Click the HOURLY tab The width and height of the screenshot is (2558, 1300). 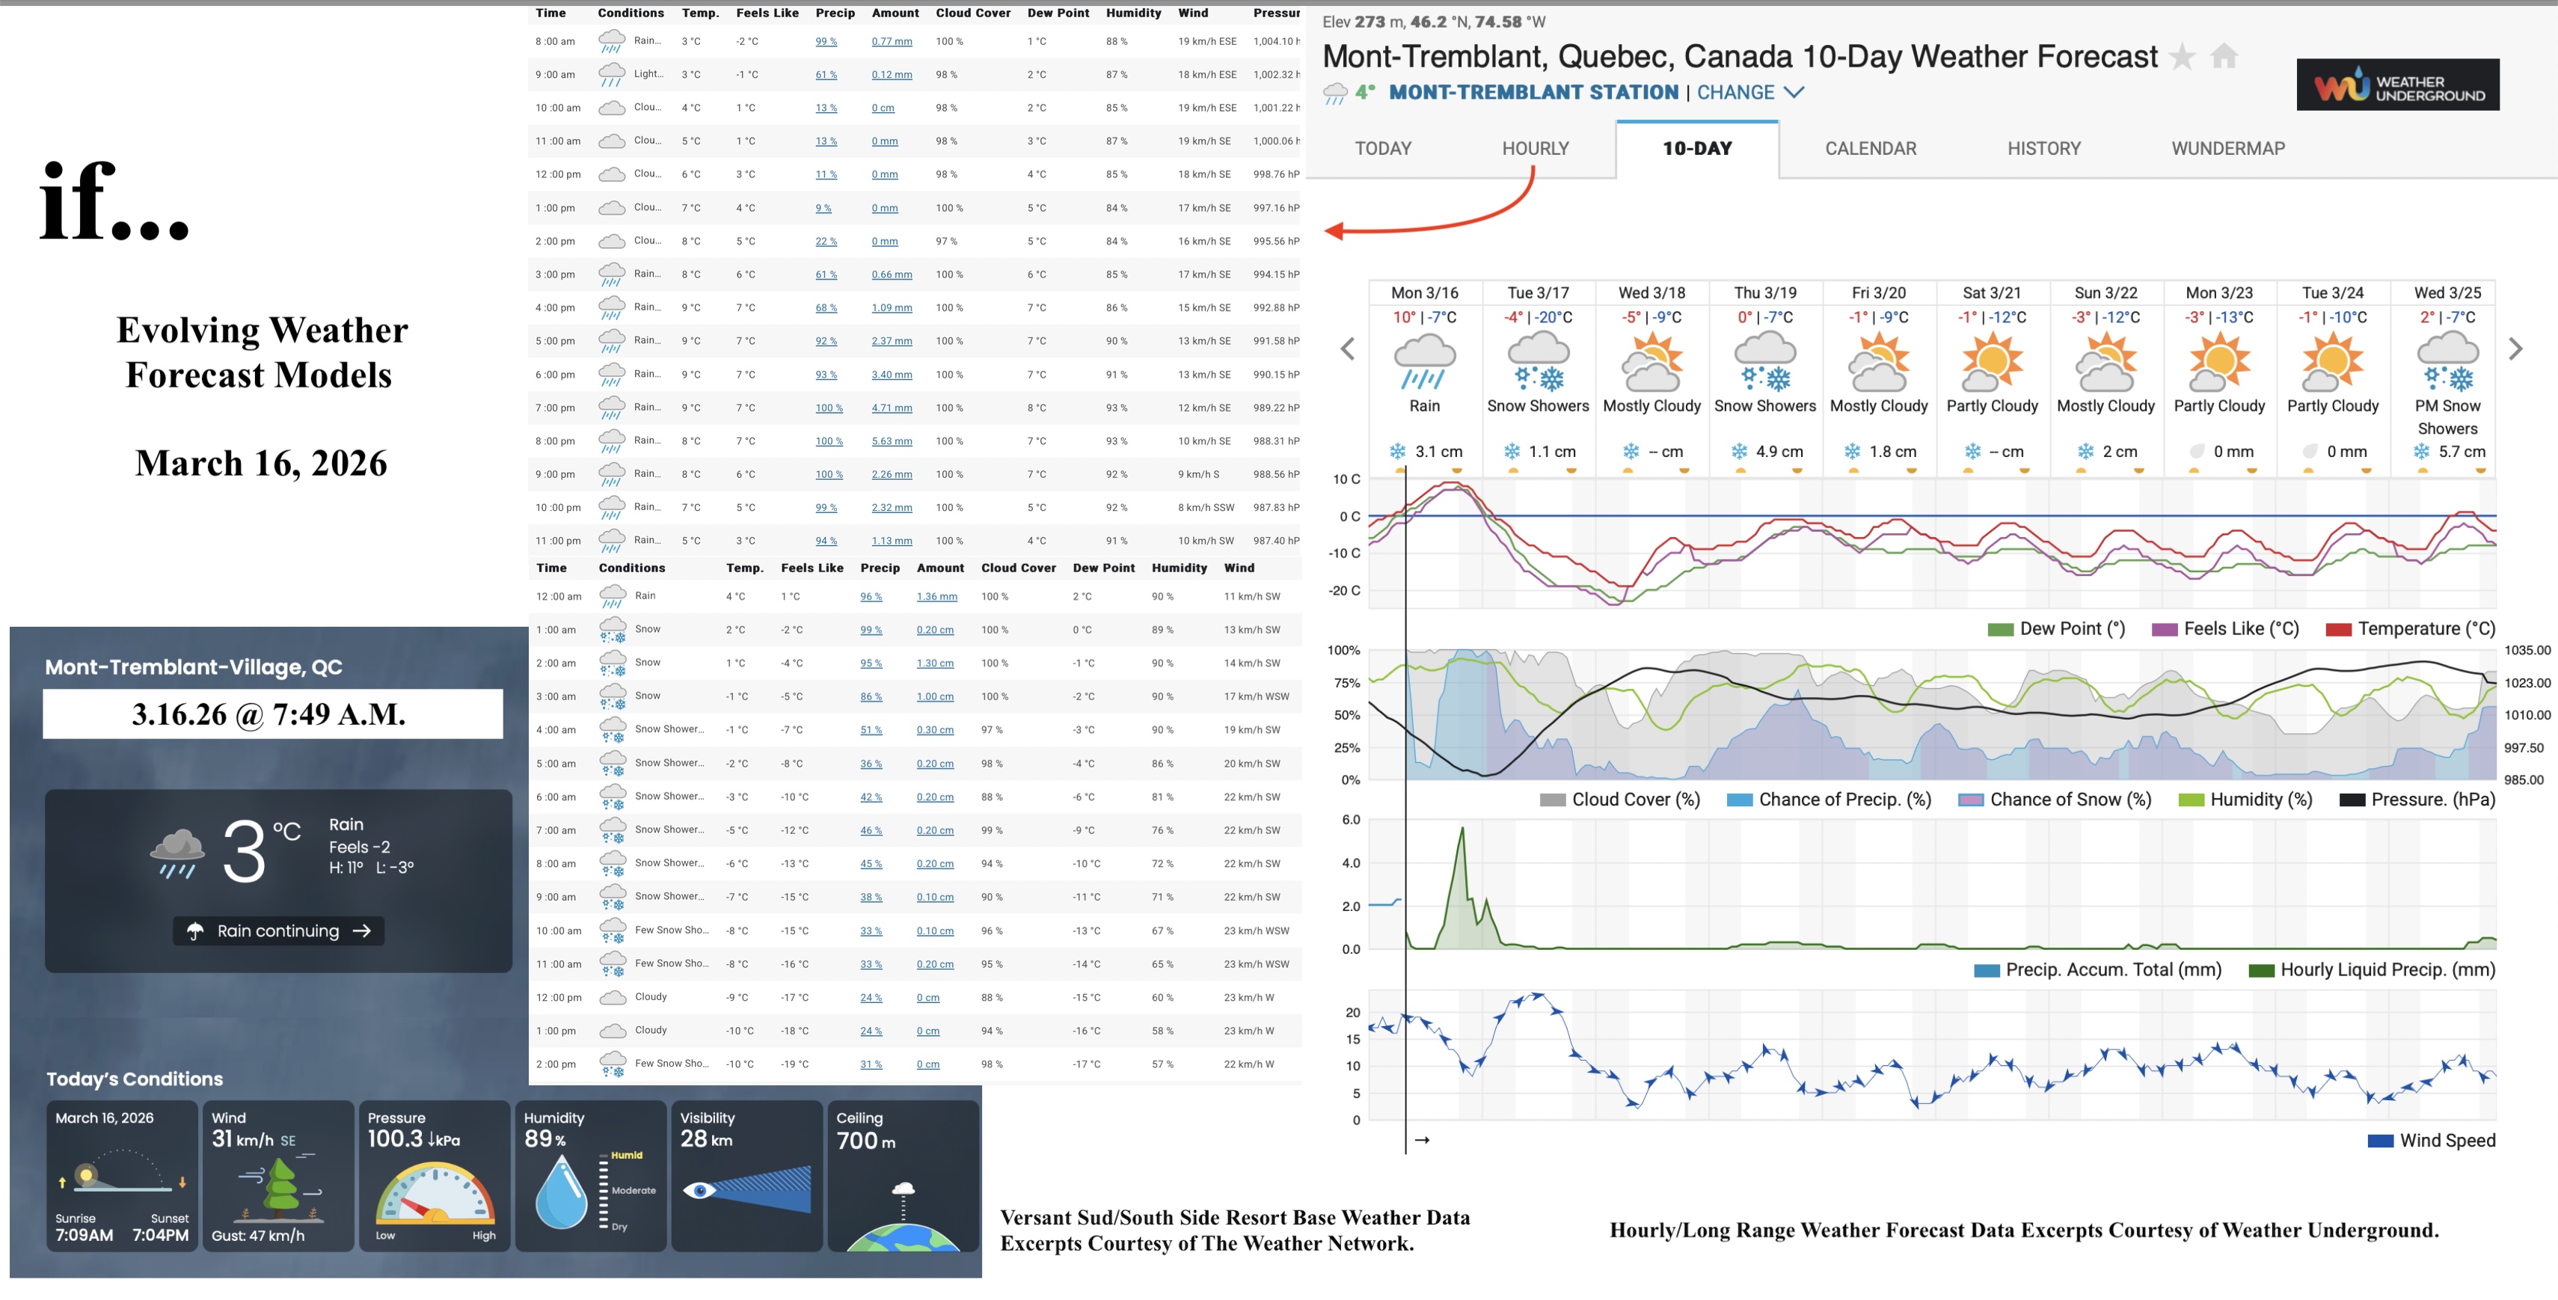tap(1536, 149)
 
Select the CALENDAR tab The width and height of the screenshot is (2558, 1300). tap(1870, 149)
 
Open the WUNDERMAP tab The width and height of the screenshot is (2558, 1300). tap(2227, 149)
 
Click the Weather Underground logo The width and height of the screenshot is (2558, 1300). tap(2397, 85)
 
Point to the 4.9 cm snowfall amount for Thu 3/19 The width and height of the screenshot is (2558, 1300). tap(1779, 452)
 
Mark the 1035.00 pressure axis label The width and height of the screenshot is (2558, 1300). tap(2527, 651)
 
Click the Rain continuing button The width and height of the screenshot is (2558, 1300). tap(279, 931)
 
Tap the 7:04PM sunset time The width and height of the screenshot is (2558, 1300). tap(161, 1236)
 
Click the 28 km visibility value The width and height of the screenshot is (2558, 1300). tap(706, 1139)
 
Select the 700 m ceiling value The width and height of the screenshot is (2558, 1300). tap(866, 1141)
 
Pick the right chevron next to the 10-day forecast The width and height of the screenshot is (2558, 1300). tap(2515, 349)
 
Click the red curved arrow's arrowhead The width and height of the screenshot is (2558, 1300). tap(1334, 231)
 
